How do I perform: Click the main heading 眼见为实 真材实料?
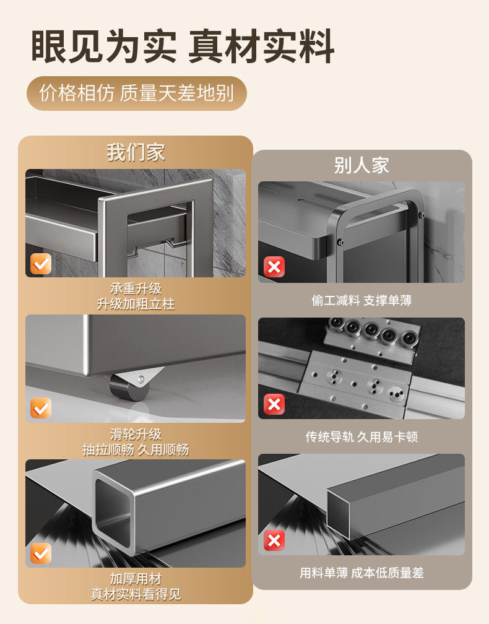[x=182, y=46]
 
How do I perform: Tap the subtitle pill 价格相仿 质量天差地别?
[x=136, y=93]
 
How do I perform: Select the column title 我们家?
[x=136, y=152]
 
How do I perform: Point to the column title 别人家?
[x=361, y=165]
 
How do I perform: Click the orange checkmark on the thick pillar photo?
[x=41, y=264]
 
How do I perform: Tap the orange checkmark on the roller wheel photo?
[x=41, y=408]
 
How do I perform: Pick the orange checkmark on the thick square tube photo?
[x=41, y=553]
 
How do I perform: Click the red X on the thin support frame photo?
[x=274, y=267]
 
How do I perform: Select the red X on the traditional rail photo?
[x=274, y=404]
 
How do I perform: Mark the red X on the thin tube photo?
[x=274, y=540]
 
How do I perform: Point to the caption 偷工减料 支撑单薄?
[x=361, y=300]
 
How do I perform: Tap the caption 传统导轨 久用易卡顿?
[x=361, y=437]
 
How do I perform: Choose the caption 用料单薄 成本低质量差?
[x=361, y=573]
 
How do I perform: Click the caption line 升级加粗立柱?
[x=136, y=305]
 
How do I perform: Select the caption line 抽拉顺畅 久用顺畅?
[x=136, y=449]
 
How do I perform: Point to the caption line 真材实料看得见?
[x=136, y=594]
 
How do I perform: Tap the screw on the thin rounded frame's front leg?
[x=340, y=241]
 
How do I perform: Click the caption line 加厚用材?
[x=136, y=579]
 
